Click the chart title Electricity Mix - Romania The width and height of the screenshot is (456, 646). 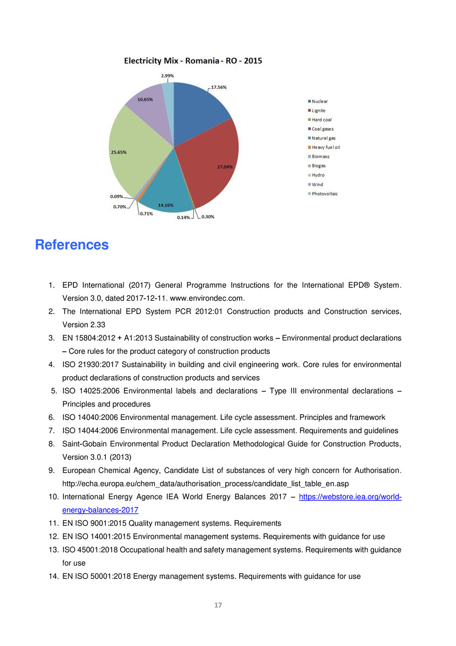tap(193, 61)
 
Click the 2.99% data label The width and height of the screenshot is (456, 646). tap(167, 76)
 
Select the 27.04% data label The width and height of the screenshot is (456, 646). tap(225, 167)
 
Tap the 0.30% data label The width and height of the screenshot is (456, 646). tap(208, 217)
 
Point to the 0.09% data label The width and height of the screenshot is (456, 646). tap(117, 196)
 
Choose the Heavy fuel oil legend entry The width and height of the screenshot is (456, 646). tap(326, 147)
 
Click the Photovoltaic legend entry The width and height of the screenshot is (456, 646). tap(325, 194)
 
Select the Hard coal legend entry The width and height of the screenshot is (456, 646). tap(322, 120)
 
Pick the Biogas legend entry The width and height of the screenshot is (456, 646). tap(319, 166)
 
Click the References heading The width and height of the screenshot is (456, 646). tap(72, 245)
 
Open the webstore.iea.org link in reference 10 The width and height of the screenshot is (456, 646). tap(350, 497)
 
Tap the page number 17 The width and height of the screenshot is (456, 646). tap(218, 605)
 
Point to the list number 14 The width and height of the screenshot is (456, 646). tap(54, 576)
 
